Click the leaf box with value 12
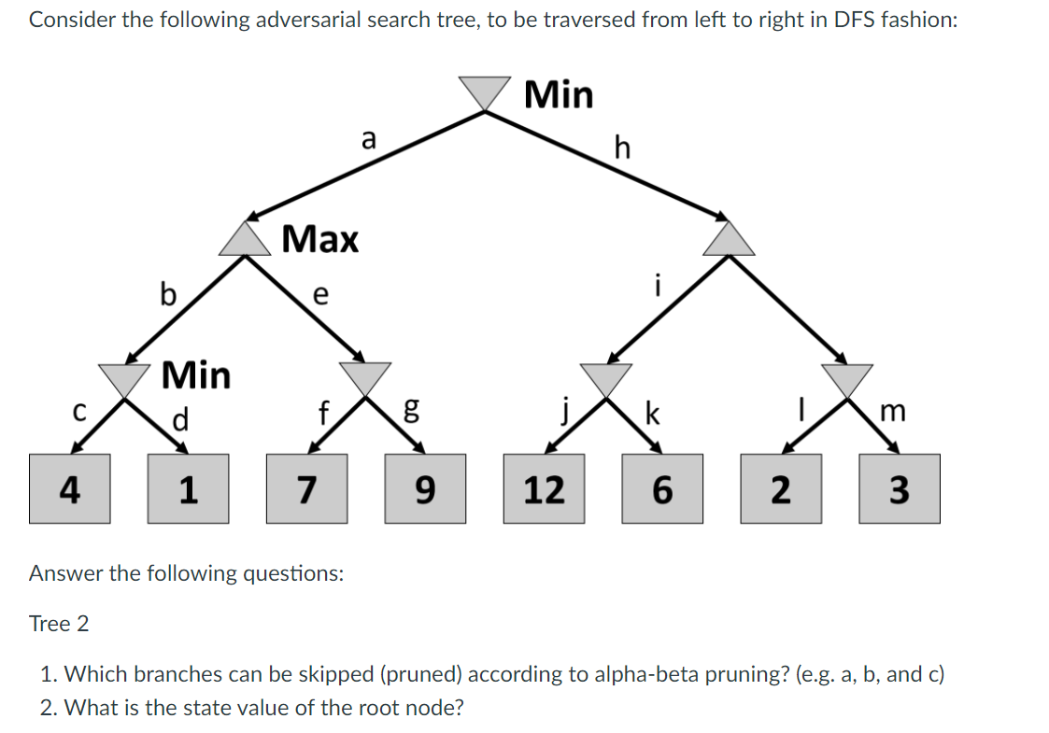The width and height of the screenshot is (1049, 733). (x=544, y=488)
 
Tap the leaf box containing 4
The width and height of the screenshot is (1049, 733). (x=68, y=488)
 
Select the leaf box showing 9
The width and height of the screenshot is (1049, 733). (x=425, y=488)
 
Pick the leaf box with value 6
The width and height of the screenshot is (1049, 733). (x=661, y=488)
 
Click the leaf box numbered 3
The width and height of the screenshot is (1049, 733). (x=899, y=488)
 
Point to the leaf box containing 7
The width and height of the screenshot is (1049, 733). (x=306, y=488)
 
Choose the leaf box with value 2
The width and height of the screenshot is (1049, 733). (x=781, y=488)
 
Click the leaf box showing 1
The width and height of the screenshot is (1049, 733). (x=188, y=488)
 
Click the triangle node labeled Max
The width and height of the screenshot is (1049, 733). (x=247, y=240)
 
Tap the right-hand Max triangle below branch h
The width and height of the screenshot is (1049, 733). (x=729, y=240)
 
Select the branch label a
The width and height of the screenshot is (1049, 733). (x=368, y=140)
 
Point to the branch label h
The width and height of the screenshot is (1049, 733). (x=623, y=147)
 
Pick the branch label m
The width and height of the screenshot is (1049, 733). (x=893, y=412)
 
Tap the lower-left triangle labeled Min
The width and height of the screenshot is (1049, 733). (x=125, y=378)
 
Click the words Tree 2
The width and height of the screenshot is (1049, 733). (x=59, y=624)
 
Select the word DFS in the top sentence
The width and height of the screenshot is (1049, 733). (x=839, y=21)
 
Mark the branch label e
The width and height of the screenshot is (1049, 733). (x=319, y=295)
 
